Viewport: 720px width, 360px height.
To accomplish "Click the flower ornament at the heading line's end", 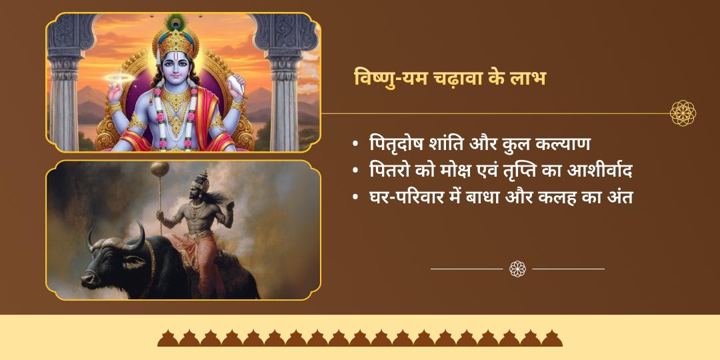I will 683,113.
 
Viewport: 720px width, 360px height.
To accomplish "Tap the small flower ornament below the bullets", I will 517,269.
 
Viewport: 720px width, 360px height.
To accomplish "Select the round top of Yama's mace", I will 158,167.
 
